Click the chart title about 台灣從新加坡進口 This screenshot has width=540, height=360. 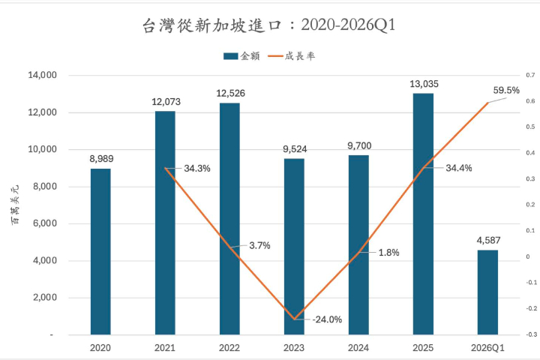click(x=268, y=26)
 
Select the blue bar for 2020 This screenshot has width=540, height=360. click(x=100, y=251)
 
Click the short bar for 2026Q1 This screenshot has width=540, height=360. click(x=487, y=292)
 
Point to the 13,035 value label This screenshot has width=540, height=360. click(x=423, y=83)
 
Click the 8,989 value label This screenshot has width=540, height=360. click(x=100, y=158)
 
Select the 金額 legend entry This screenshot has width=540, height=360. click(x=241, y=56)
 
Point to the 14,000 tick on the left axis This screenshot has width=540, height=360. click(x=42, y=76)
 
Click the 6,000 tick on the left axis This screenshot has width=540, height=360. click(x=44, y=223)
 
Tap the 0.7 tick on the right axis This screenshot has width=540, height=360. click(x=529, y=76)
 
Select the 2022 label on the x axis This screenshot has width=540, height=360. click(x=229, y=348)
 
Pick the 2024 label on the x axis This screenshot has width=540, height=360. click(x=358, y=348)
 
